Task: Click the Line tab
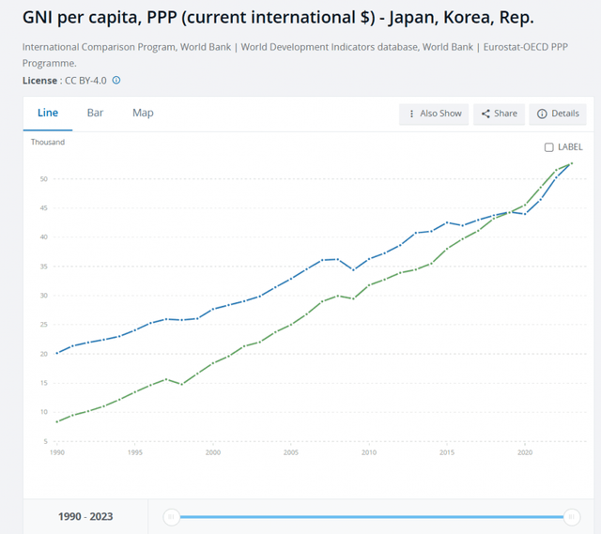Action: tap(47, 113)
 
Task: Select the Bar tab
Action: tap(95, 113)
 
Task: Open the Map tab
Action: tap(143, 113)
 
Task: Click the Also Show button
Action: tap(434, 114)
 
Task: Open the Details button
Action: tap(558, 114)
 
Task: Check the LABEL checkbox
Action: tap(549, 147)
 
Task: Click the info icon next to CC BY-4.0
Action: tap(116, 81)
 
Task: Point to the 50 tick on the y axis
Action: tap(43, 178)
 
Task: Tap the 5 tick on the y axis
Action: tap(45, 441)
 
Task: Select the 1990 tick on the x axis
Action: tap(57, 452)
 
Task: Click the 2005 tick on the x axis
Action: tap(291, 452)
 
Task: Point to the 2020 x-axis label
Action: tap(524, 452)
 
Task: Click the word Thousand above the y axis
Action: tap(47, 143)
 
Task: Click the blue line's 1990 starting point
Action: tap(57, 353)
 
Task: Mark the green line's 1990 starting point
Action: tap(57, 421)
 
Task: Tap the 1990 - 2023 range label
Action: tap(85, 517)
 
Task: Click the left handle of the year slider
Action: tap(171, 516)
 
